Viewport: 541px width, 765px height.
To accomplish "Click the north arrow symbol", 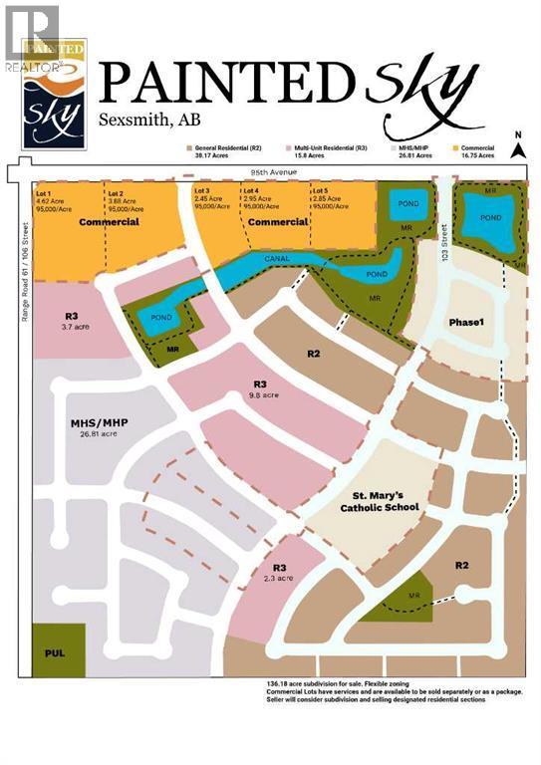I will point(518,147).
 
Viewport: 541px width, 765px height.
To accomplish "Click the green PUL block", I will point(58,648).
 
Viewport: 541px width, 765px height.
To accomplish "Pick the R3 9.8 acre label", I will point(260,388).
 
